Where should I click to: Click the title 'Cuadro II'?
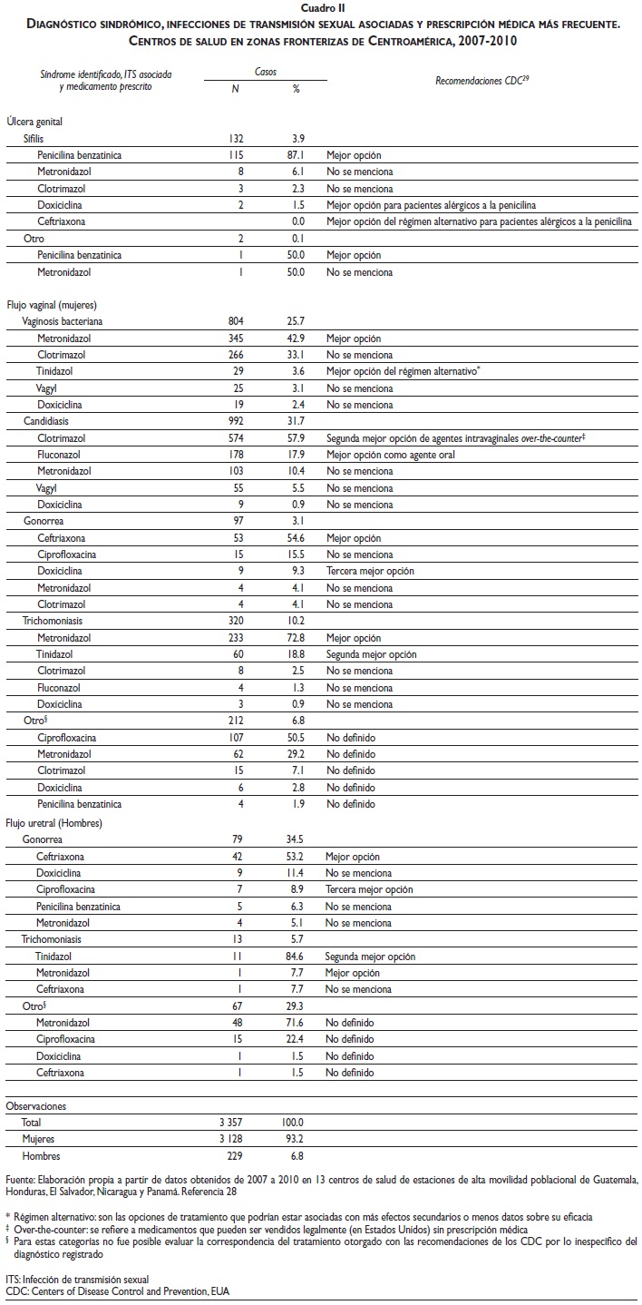pos(320,7)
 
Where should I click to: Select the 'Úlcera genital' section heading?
pos(34,122)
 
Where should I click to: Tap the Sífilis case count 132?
pos(236,138)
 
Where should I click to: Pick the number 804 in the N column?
pos(236,321)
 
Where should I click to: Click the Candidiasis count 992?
pos(236,421)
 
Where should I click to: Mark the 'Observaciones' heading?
pos(37,1106)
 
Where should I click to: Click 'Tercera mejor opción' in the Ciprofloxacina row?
pos(371,889)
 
